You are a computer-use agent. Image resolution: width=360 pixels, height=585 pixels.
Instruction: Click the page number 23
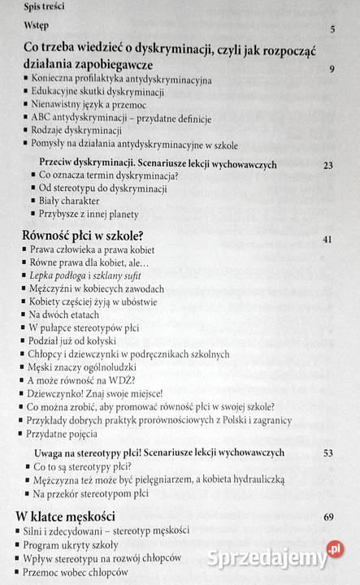(x=328, y=166)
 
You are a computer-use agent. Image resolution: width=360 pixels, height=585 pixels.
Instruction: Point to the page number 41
(x=328, y=240)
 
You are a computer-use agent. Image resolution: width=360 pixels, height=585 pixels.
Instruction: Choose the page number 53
(x=328, y=453)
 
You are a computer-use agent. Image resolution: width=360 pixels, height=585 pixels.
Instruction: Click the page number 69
(x=328, y=517)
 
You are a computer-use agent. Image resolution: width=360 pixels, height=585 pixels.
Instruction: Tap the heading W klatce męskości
(x=66, y=516)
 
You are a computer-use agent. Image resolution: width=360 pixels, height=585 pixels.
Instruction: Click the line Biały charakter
(x=69, y=201)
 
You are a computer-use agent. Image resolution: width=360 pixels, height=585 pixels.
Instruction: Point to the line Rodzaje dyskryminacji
(x=75, y=132)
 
